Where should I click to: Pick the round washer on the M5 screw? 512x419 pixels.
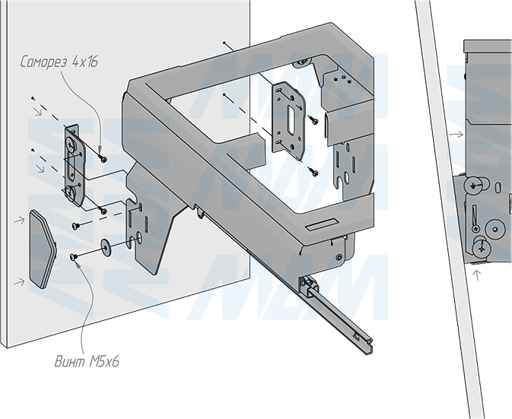point(104,246)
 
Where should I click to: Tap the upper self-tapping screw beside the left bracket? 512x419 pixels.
point(101,157)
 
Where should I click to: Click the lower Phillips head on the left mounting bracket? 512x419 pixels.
point(73,190)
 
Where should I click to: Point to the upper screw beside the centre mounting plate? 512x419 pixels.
point(313,119)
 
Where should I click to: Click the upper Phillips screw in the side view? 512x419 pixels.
point(472,184)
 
